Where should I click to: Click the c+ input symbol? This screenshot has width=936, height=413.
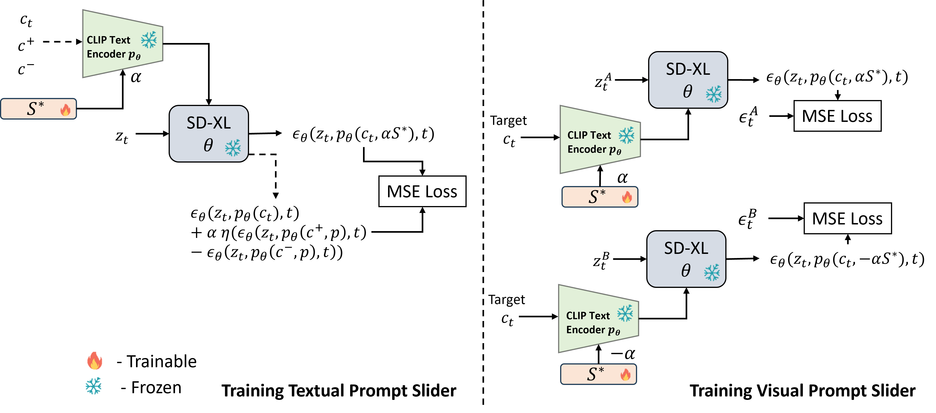[x=26, y=44]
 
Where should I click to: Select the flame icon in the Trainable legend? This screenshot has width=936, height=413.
[x=94, y=361]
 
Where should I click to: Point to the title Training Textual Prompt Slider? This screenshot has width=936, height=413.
[x=339, y=391]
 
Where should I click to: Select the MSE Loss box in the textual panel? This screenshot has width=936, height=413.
[x=422, y=192]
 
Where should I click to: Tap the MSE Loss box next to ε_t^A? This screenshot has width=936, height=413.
[x=837, y=116]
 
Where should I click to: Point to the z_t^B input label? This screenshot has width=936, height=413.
[x=601, y=261]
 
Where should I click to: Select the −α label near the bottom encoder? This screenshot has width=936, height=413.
[x=623, y=353]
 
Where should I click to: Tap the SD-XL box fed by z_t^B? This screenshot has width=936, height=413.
[x=686, y=259]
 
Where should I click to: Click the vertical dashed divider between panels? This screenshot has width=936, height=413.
[x=483, y=202]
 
